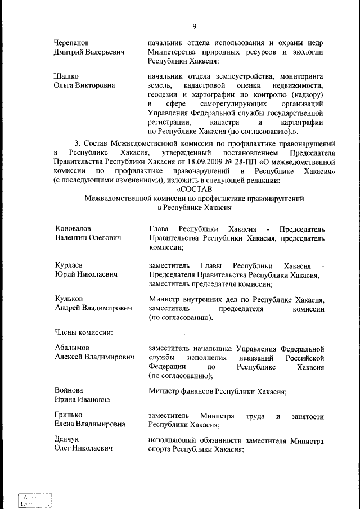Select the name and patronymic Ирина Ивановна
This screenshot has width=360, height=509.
click(x=82, y=399)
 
